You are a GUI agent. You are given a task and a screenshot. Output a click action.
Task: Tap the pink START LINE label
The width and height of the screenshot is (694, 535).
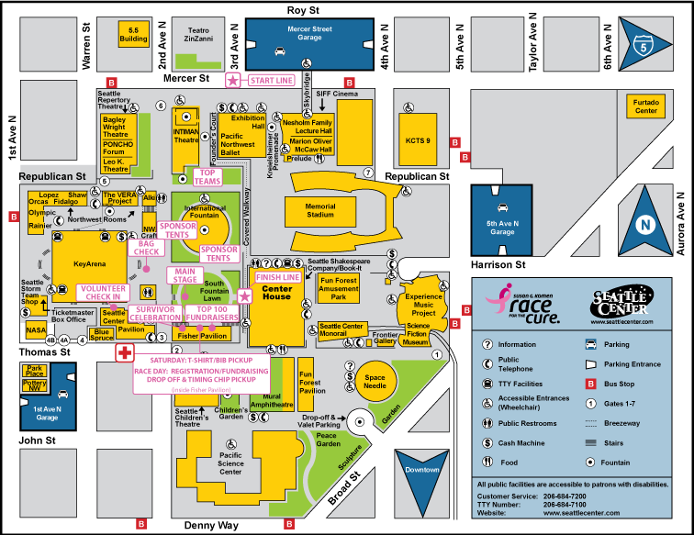click(271, 81)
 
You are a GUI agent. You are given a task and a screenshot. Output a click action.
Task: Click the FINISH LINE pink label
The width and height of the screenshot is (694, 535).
click(277, 277)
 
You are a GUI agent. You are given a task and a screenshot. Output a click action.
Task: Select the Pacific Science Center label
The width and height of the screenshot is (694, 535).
click(230, 464)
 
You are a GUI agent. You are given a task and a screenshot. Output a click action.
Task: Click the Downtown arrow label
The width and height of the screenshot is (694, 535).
click(423, 470)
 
